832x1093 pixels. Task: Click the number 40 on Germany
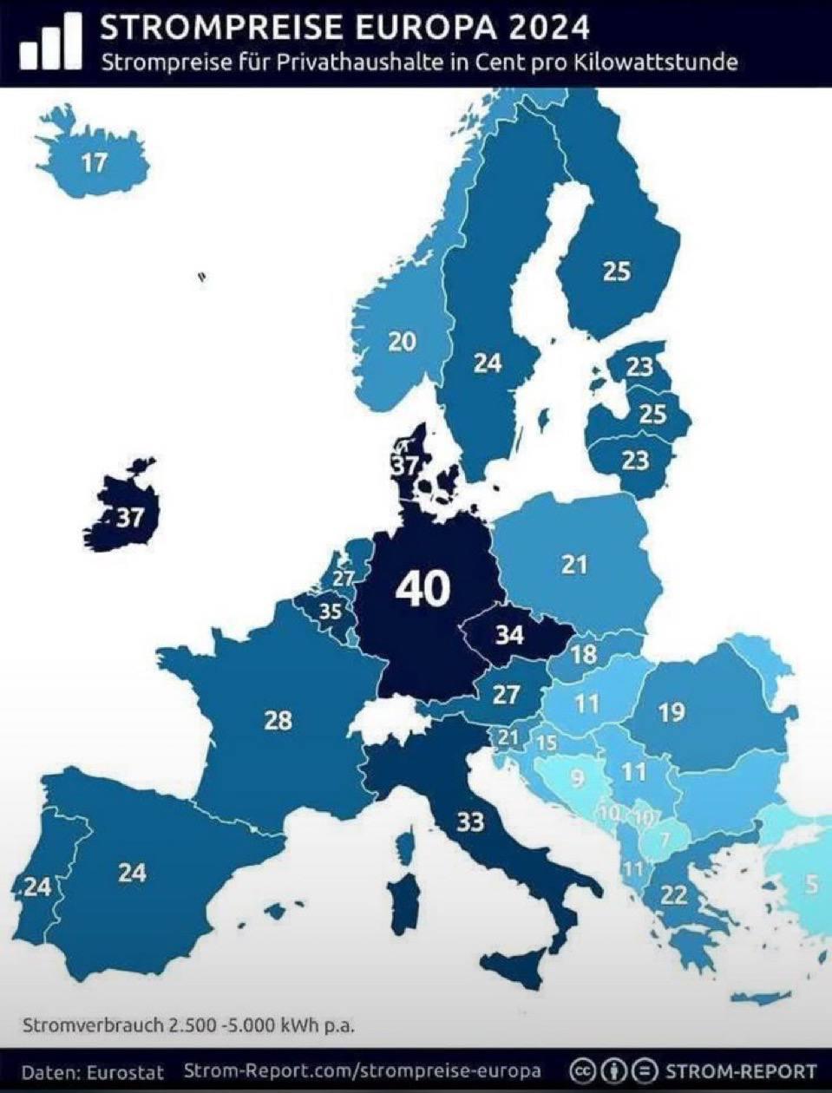click(423, 589)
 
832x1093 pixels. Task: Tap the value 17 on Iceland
click(95, 161)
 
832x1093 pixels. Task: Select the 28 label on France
click(278, 719)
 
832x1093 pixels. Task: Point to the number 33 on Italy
click(470, 820)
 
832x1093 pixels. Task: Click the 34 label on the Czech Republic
click(509, 635)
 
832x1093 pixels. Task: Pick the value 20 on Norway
click(401, 342)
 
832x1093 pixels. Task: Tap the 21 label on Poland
click(573, 566)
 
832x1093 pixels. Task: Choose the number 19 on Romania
click(671, 712)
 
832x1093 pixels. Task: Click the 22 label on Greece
click(674, 895)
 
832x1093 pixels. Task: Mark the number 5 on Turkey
click(811, 885)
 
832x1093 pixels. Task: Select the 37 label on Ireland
click(129, 519)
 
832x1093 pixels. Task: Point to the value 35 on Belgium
click(330, 612)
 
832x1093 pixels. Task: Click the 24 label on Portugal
click(37, 887)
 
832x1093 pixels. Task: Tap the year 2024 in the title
click(548, 28)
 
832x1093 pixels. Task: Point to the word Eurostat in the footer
click(130, 1071)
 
